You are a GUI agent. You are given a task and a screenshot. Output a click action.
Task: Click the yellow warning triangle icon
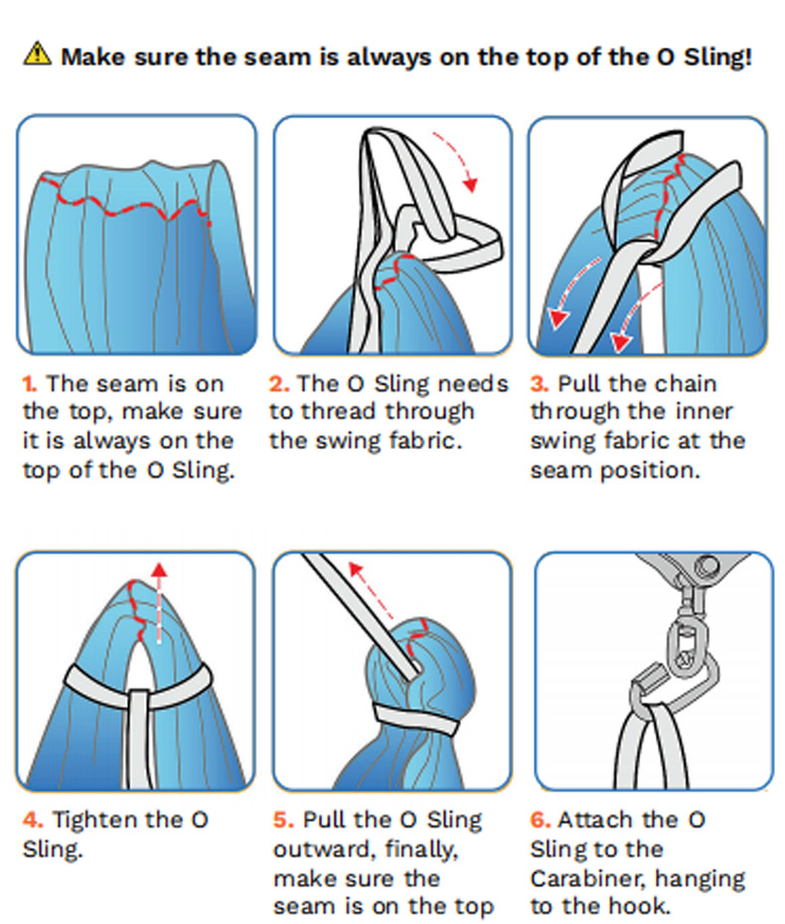pos(37,54)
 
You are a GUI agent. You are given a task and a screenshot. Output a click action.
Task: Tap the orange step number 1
pos(30,385)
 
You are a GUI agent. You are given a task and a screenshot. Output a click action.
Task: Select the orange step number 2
pos(279,385)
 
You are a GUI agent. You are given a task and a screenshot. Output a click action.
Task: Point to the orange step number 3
pos(540,385)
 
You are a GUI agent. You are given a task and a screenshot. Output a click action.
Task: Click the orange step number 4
pos(33,820)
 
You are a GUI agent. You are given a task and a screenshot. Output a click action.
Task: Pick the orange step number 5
pos(283,820)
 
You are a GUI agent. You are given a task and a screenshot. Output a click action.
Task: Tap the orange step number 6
pos(540,820)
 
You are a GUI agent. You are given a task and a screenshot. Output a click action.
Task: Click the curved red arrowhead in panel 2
pos(470,184)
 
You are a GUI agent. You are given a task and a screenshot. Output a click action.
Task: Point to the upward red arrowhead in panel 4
pos(159,570)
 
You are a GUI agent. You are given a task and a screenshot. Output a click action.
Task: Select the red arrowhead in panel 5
pos(356,568)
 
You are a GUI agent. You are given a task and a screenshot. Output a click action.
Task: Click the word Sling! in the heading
pos(717,58)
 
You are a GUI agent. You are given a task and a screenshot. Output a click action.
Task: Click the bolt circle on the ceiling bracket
pos(706,566)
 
